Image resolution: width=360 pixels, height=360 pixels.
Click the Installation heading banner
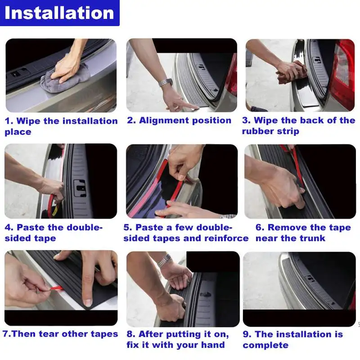[60, 13]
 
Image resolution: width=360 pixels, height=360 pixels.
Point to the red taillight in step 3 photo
[343, 73]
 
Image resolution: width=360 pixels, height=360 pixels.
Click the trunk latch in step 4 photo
[80, 188]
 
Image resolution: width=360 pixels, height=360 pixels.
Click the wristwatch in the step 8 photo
[165, 260]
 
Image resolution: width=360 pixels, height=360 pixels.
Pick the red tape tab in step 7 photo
[56, 288]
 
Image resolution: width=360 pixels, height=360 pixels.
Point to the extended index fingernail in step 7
[88, 302]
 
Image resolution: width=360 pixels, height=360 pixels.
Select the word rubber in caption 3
[255, 131]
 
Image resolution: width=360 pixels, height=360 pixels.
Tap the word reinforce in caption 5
[226, 238]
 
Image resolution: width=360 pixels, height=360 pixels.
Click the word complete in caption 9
[265, 345]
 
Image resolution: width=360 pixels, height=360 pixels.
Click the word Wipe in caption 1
[28, 121]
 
